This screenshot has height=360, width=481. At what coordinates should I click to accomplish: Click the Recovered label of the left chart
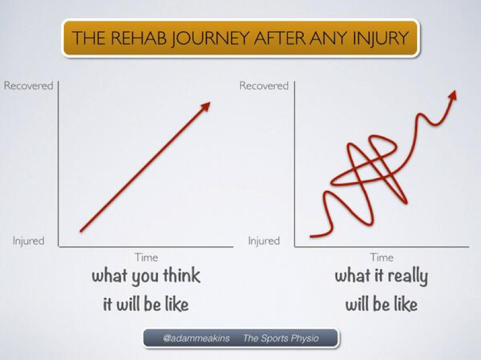(x=28, y=85)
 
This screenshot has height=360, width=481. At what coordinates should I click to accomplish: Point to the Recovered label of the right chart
(x=264, y=85)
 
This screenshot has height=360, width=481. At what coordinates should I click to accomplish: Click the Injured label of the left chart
(x=28, y=241)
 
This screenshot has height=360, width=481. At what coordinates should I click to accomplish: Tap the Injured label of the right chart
(x=264, y=241)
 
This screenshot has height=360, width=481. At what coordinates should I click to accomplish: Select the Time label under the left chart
(x=146, y=257)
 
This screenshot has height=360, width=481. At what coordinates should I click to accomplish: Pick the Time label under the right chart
(x=382, y=257)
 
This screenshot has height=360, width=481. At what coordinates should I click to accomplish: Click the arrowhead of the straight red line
(x=206, y=106)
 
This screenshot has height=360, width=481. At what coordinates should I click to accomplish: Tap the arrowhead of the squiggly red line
(x=453, y=95)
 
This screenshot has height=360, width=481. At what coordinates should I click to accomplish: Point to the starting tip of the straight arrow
(x=81, y=231)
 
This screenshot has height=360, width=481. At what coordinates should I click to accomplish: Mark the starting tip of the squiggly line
(x=311, y=237)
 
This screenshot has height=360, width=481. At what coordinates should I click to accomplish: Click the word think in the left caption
(x=182, y=275)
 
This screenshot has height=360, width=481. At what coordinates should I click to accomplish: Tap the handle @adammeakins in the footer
(x=196, y=338)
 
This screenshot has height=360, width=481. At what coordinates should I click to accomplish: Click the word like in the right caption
(x=405, y=304)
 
